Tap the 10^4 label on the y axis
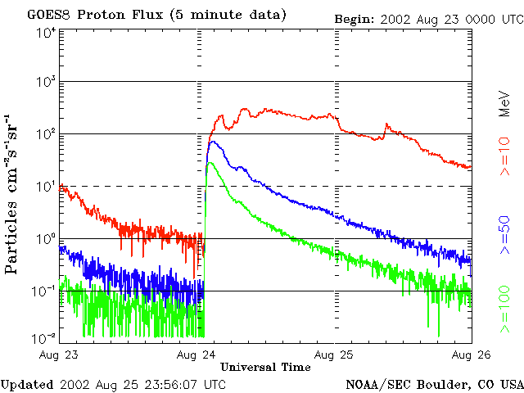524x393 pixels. click(46, 33)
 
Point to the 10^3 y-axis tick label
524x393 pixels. click(46, 82)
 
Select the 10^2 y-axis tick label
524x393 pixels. click(46, 134)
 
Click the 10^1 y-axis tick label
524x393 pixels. click(46, 186)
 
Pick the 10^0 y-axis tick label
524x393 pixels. click(46, 238)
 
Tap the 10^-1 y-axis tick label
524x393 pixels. click(44, 291)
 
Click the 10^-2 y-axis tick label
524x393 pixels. click(44, 337)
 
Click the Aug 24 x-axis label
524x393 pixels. click(196, 355)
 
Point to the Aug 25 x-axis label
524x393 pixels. click(336, 355)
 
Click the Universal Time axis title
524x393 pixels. click(265, 367)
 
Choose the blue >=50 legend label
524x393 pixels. click(506, 233)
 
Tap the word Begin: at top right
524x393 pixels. click(354, 18)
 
